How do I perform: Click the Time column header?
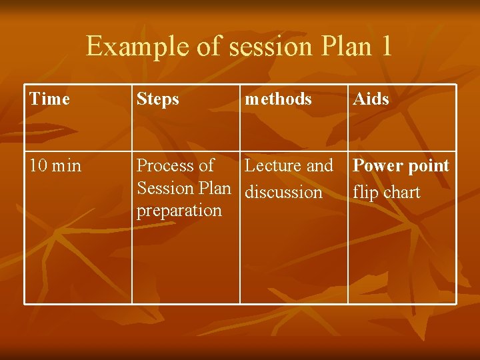[49, 99]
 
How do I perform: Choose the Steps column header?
[158, 99]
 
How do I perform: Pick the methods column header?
[278, 99]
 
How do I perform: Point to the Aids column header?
[371, 99]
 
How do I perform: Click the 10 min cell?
[55, 165]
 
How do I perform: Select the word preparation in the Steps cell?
[179, 210]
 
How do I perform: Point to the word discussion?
[283, 193]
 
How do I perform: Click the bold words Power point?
[401, 165]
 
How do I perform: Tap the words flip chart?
[386, 193]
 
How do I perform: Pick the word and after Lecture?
[319, 165]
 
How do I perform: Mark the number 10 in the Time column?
[37, 165]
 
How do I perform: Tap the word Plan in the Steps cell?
[215, 188]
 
